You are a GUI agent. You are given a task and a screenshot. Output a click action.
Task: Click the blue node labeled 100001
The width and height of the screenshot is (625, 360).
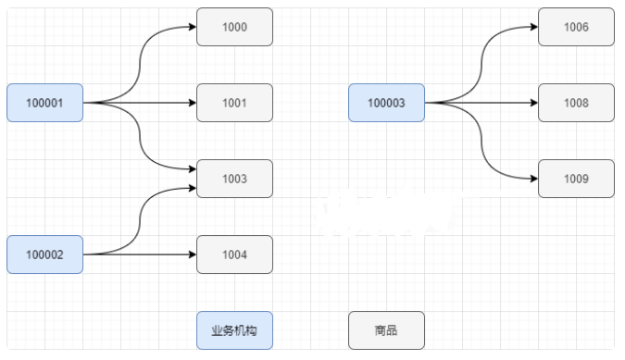[x=44, y=103]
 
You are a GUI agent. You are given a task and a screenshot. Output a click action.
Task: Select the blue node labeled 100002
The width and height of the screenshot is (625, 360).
[x=44, y=254]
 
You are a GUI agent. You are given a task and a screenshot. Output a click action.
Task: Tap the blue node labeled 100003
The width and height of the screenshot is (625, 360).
[x=386, y=103]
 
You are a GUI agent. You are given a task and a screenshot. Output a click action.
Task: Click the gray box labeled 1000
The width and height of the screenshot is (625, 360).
[x=234, y=27]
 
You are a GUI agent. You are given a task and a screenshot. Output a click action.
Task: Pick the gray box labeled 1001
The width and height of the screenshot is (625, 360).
[x=234, y=103]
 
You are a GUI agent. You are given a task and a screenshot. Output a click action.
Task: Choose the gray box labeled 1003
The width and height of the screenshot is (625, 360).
[x=234, y=179]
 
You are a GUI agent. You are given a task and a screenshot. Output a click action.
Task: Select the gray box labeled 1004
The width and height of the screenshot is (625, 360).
[x=234, y=254]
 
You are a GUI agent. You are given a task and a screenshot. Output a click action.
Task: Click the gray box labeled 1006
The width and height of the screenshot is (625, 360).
[x=576, y=27]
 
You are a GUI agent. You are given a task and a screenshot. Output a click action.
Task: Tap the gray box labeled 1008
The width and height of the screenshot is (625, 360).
[x=576, y=103]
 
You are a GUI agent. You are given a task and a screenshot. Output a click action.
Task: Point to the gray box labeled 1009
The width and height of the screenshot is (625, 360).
[x=576, y=179]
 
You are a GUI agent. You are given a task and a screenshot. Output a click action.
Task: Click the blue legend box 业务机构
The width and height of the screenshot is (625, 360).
[x=234, y=330]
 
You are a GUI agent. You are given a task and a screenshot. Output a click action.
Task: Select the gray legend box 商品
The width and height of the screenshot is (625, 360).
[x=386, y=330]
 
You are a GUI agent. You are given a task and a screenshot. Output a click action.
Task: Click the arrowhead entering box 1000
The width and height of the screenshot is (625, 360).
[x=192, y=27]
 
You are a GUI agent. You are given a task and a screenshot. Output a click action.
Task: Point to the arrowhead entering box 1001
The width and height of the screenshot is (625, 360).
[x=192, y=103]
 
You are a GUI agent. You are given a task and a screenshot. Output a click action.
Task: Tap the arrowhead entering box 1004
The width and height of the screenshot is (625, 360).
[x=192, y=254]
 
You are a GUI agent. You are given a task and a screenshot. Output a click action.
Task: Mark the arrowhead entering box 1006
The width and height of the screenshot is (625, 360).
[x=533, y=27]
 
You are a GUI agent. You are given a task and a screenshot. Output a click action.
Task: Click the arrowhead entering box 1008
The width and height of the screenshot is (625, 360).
[x=533, y=103]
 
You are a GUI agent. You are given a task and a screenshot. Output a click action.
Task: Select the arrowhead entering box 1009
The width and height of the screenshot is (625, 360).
[x=533, y=179]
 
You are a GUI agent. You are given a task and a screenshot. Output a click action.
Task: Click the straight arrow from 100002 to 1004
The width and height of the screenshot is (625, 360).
[x=139, y=254]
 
